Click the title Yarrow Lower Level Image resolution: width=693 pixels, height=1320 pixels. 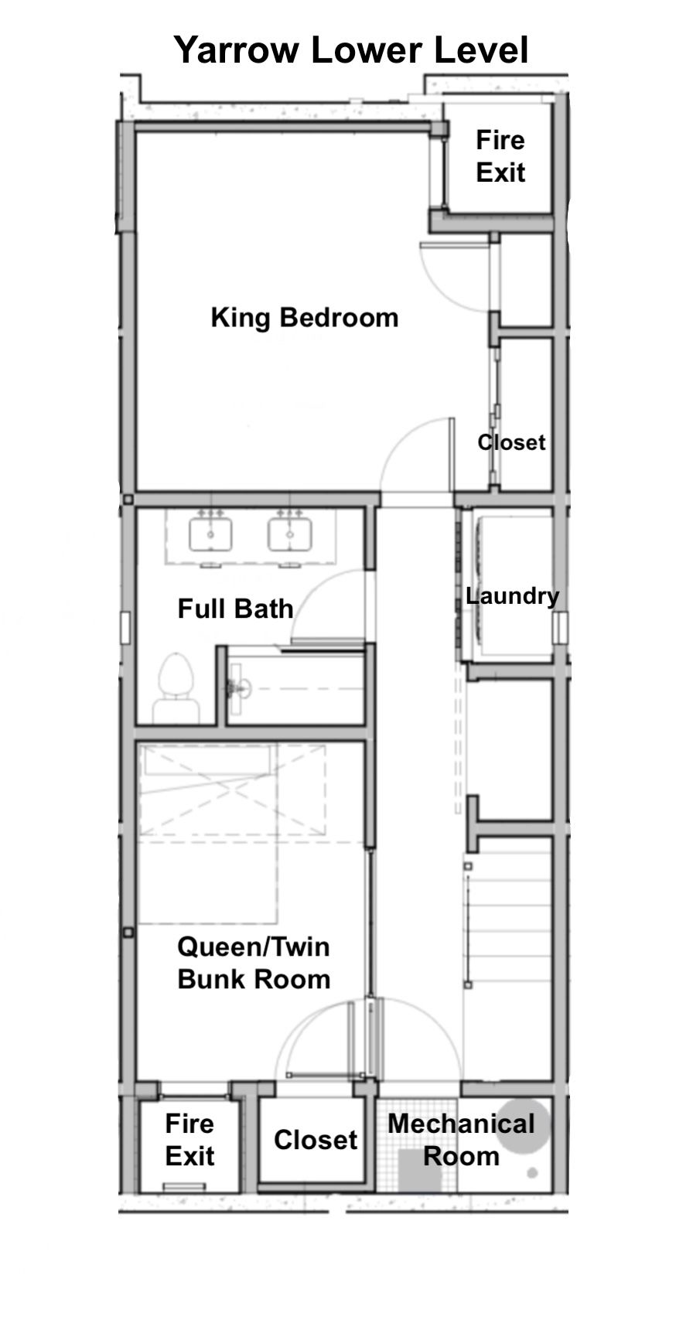(351, 50)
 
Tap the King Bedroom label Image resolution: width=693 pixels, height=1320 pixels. (305, 318)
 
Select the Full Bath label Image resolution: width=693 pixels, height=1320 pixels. (235, 609)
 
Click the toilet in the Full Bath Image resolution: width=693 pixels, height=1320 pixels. (176, 687)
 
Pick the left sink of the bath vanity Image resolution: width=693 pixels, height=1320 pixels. (210, 534)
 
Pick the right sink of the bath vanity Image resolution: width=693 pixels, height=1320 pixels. (290, 534)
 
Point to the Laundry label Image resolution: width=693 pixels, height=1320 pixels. (512, 595)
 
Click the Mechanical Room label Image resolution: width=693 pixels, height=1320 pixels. (462, 1140)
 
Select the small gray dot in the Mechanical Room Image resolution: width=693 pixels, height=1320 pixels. (532, 1172)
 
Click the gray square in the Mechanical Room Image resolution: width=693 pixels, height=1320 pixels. (420, 1170)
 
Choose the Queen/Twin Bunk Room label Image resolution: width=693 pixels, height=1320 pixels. (254, 963)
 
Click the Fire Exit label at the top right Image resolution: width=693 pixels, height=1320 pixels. (500, 156)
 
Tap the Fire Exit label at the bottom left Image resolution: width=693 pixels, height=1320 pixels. (189, 1140)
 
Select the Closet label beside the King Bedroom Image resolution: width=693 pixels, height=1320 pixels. (511, 442)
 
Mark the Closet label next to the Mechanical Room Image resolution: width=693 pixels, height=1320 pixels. (316, 1140)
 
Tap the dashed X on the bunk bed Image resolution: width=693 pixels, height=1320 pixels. (232, 790)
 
